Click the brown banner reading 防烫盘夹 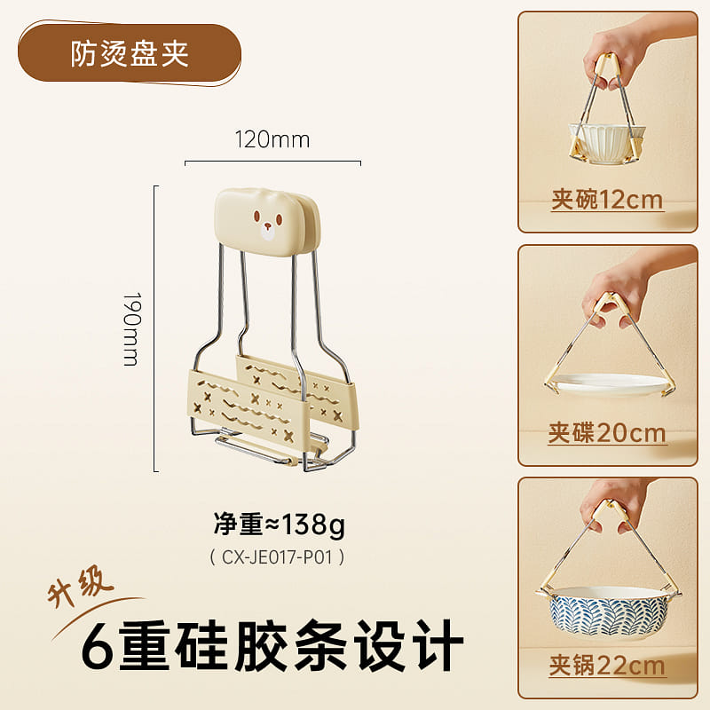click(130, 53)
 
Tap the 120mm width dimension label click(272, 139)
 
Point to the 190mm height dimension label click(132, 328)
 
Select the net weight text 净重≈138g click(280, 525)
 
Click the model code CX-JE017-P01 click(277, 557)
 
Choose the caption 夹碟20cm click(607, 433)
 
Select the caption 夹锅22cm click(607, 666)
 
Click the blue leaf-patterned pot click(608, 611)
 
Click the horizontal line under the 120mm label click(272, 162)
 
